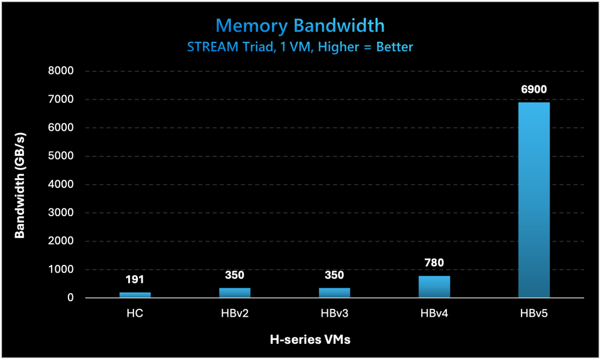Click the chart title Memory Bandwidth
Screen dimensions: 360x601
pos(300,25)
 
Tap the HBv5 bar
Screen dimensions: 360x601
pos(534,199)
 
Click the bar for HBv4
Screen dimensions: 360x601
pos(434,287)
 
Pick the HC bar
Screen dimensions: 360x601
pos(135,294)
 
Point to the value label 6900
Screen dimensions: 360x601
pos(534,90)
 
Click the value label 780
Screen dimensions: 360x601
pos(434,263)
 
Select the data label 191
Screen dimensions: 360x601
pos(135,280)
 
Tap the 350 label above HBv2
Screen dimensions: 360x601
pos(235,275)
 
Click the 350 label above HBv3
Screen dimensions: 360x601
pos(334,275)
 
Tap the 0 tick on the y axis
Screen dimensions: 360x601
pos(70,298)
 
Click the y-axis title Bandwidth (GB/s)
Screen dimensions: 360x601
pos(20,184)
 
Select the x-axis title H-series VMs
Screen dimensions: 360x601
pos(309,340)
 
